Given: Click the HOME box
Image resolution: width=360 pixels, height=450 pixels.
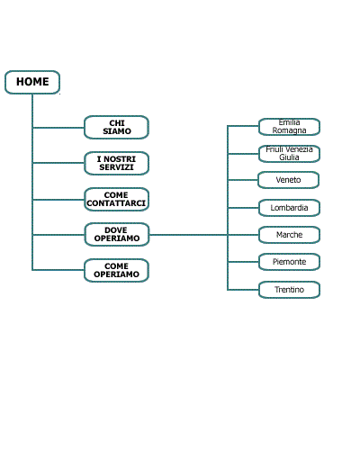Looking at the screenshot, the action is coord(32,82).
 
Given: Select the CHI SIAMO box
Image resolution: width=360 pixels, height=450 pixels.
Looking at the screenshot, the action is coord(116,127).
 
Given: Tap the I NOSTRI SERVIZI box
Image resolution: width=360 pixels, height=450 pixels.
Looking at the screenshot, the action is coord(116,163).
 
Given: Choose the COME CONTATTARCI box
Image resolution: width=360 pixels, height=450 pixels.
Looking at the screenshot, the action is coord(116,199).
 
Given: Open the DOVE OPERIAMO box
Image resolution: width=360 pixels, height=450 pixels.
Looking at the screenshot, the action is coord(117,234).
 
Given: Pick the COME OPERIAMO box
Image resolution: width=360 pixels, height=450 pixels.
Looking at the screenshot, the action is coord(116,270).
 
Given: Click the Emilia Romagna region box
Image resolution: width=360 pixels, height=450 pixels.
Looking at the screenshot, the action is coord(289,127).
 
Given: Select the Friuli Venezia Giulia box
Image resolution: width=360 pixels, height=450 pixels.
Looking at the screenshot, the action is coord(289,154).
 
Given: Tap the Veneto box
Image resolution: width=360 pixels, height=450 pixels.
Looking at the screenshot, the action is coord(288,180).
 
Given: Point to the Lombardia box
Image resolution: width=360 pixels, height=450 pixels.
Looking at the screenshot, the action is coord(289,208).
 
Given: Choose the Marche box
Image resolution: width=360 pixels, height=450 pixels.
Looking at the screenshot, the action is coord(289,235).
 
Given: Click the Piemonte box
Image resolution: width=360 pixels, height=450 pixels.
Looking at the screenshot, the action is coord(289,262).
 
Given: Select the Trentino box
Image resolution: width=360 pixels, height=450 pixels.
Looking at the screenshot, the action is coord(289,290).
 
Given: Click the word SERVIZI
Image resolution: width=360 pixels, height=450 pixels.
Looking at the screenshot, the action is coord(116,167).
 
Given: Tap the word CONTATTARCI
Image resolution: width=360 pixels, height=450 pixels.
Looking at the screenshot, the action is coord(116,203).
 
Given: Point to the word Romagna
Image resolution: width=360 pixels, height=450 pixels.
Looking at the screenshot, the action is coord(289,130).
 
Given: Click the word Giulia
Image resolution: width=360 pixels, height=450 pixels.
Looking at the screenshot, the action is coord(289,157).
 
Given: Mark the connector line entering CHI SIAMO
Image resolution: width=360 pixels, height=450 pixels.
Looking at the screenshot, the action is coord(58,128).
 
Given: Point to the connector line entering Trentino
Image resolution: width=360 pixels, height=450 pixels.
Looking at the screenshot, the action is coord(243,290).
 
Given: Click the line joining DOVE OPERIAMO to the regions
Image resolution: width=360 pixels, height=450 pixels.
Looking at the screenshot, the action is coord(188,235).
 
